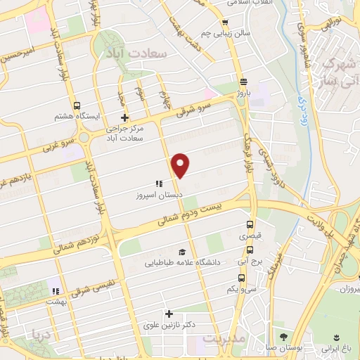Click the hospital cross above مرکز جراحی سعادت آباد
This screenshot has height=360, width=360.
(124, 117)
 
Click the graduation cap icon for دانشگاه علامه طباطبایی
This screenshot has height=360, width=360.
(182, 252)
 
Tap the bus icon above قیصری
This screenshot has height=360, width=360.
(251, 225)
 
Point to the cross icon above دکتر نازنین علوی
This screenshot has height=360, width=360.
(168, 314)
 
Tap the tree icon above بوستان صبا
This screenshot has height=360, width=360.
(283, 336)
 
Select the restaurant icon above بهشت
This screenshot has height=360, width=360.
(55, 290)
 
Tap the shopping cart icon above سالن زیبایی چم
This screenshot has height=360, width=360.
(224, 22)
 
